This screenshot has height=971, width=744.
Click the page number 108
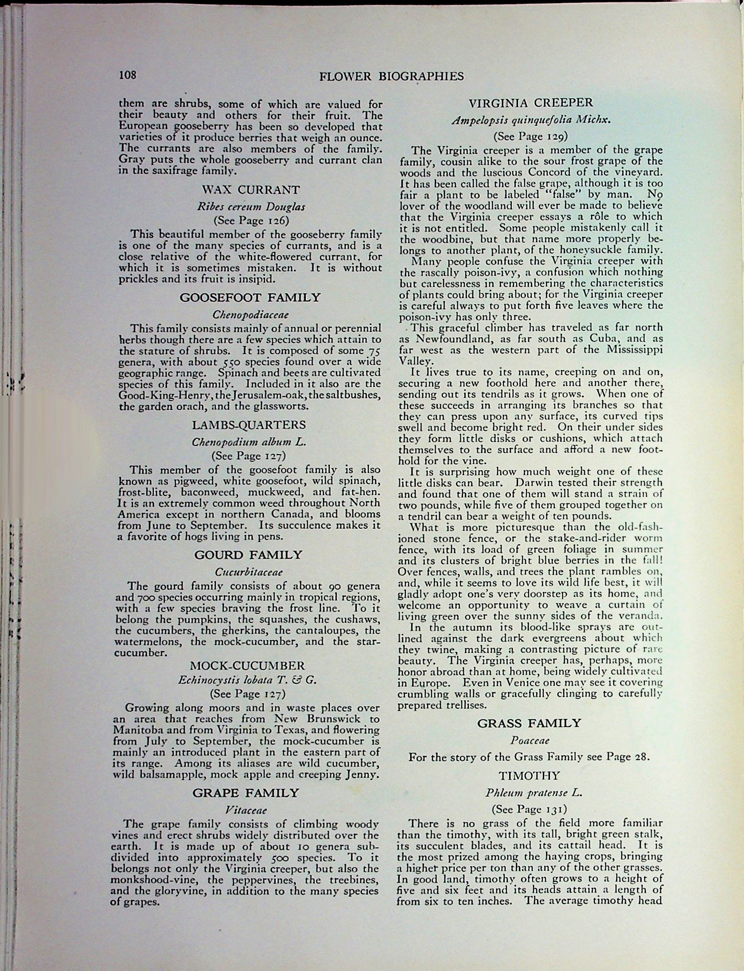pos(127,75)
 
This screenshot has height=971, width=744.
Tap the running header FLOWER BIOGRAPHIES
pos(391,77)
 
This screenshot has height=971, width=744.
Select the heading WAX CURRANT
pos(250,190)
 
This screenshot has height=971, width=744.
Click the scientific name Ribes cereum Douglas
pos(251,207)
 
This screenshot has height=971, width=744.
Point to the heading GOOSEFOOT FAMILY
pos(250,297)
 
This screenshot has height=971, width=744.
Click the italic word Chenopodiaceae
pos(250,315)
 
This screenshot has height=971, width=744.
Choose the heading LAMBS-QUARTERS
pos(249,425)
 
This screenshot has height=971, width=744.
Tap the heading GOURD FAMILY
pos(248,555)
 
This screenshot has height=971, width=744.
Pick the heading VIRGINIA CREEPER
pos(530,103)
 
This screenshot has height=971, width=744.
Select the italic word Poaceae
pos(530,740)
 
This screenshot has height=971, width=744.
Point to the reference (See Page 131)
pos(529,809)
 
